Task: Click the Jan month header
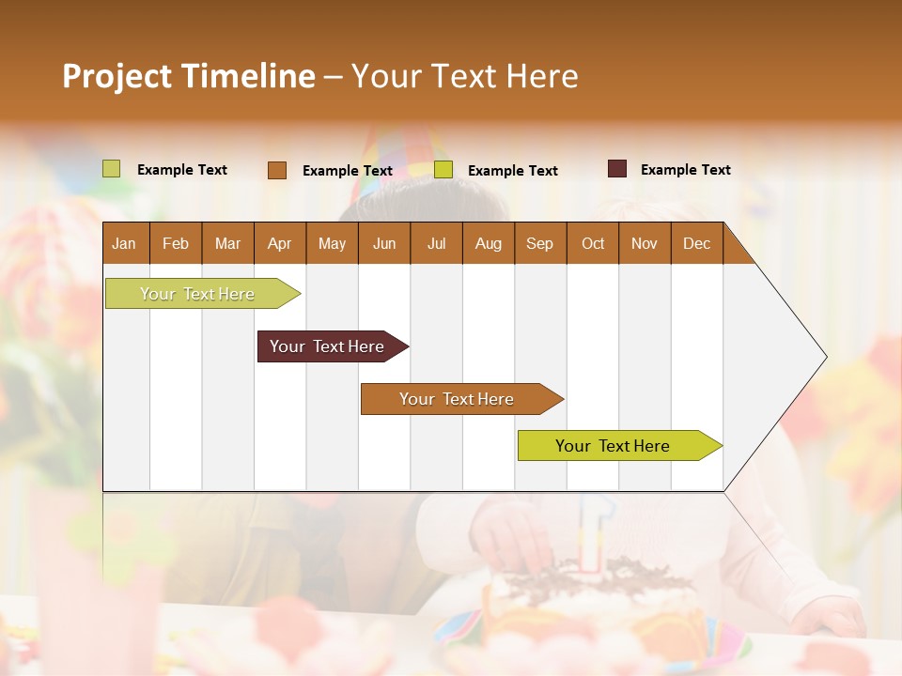click(124, 244)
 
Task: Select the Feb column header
click(176, 244)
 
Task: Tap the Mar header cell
click(227, 244)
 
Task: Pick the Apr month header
click(279, 244)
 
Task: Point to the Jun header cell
click(384, 244)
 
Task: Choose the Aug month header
click(488, 244)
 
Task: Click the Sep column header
click(539, 244)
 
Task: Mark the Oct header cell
click(593, 244)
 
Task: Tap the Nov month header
click(645, 244)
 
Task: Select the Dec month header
click(696, 244)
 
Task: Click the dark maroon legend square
click(617, 169)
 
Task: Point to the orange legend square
click(277, 170)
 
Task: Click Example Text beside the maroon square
click(685, 170)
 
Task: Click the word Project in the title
click(117, 76)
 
